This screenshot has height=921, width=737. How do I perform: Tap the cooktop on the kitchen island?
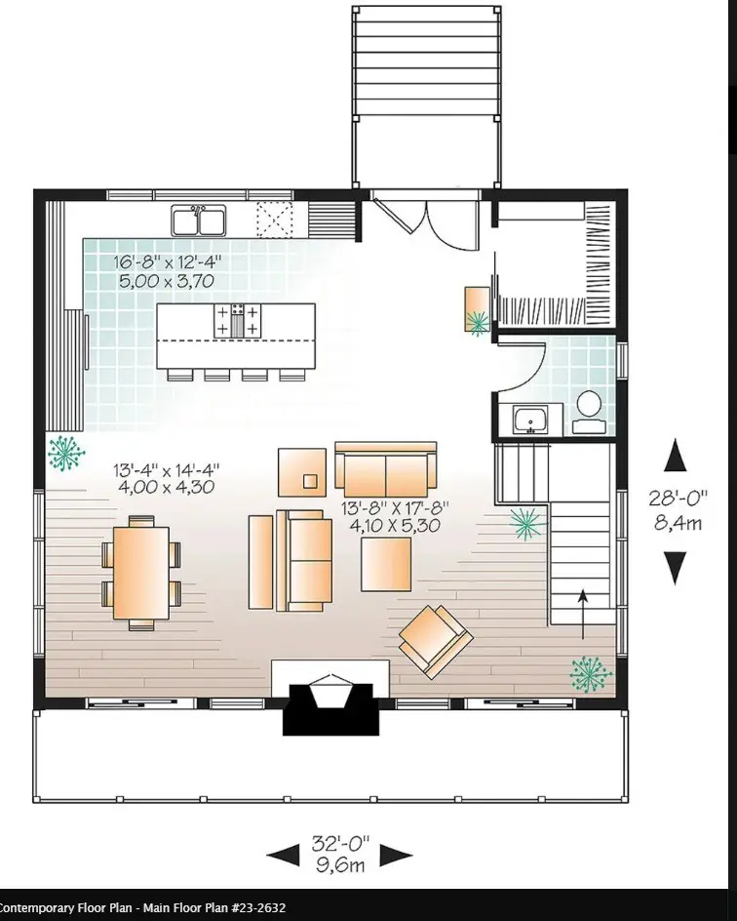click(236, 321)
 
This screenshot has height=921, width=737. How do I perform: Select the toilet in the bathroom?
click(588, 411)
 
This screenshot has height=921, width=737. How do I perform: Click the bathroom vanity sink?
click(531, 420)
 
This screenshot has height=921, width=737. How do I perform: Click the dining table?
click(141, 572)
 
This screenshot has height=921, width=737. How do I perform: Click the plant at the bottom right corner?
click(588, 673)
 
